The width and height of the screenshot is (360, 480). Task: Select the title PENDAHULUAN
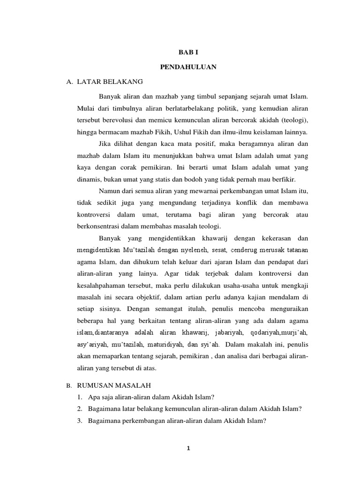tap(188, 67)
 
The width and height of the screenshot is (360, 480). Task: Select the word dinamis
tap(87, 179)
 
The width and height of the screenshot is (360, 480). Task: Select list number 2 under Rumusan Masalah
tap(80, 409)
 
